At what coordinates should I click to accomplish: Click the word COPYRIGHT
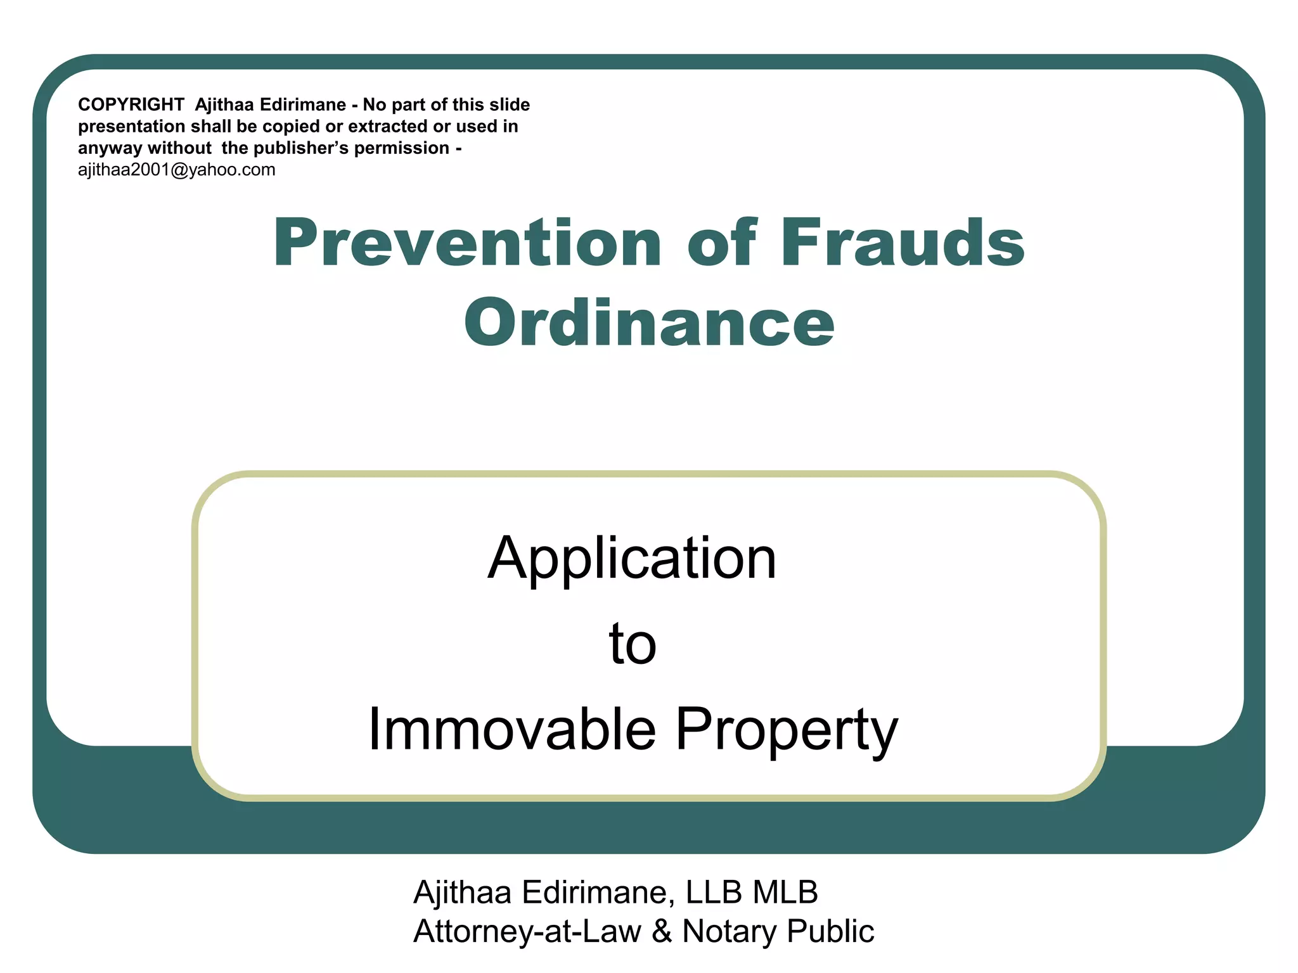(x=131, y=105)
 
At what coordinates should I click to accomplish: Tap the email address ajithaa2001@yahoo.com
(x=177, y=170)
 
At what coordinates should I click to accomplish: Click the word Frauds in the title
(x=903, y=243)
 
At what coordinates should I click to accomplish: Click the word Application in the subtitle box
(x=632, y=558)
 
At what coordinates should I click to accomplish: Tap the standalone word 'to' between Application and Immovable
(x=632, y=644)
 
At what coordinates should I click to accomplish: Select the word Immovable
(x=511, y=730)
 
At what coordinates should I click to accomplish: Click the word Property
(x=787, y=730)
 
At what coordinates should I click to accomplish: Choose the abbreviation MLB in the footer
(x=785, y=893)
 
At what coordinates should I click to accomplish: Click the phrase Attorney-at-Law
(x=527, y=932)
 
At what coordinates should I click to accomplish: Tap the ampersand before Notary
(x=662, y=932)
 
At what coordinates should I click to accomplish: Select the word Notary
(x=729, y=932)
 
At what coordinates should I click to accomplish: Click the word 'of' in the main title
(x=722, y=243)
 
